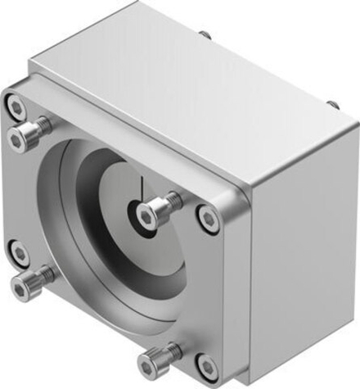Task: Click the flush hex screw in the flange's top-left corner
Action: click(x=14, y=105)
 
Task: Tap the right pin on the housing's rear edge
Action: click(x=333, y=105)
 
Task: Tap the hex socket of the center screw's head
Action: click(x=146, y=215)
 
